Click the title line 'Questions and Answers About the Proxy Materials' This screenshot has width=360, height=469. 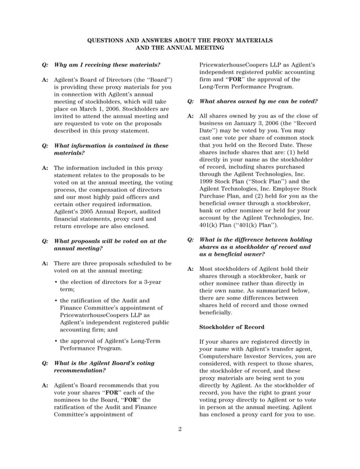[x=180, y=41]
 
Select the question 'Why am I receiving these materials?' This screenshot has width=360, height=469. [x=107, y=64]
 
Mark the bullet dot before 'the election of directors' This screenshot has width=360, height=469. [x=56, y=281]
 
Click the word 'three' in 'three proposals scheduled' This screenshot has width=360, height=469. [x=91, y=263]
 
